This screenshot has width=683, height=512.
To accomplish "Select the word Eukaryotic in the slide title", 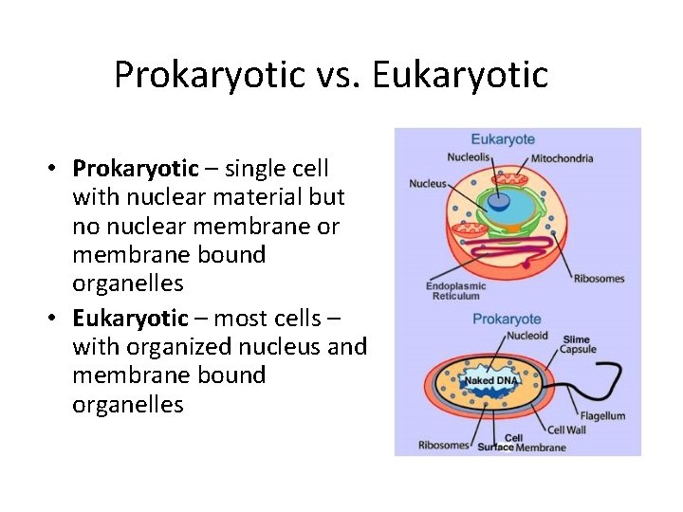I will (x=461, y=74).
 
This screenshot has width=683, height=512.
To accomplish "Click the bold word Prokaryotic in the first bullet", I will (x=136, y=169).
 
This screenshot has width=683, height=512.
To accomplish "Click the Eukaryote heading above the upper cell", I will (x=503, y=139).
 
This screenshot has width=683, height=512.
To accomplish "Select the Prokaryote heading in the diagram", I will (x=507, y=320).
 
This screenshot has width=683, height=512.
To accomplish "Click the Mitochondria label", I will (x=562, y=158).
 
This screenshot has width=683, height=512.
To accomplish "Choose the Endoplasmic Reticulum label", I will (x=455, y=291).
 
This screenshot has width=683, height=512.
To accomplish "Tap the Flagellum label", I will (x=603, y=415).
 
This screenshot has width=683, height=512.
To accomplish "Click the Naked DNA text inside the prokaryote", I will (x=489, y=380).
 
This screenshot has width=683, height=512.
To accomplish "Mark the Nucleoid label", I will (x=526, y=336).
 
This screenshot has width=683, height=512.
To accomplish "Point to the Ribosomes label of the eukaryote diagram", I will (x=599, y=279).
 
